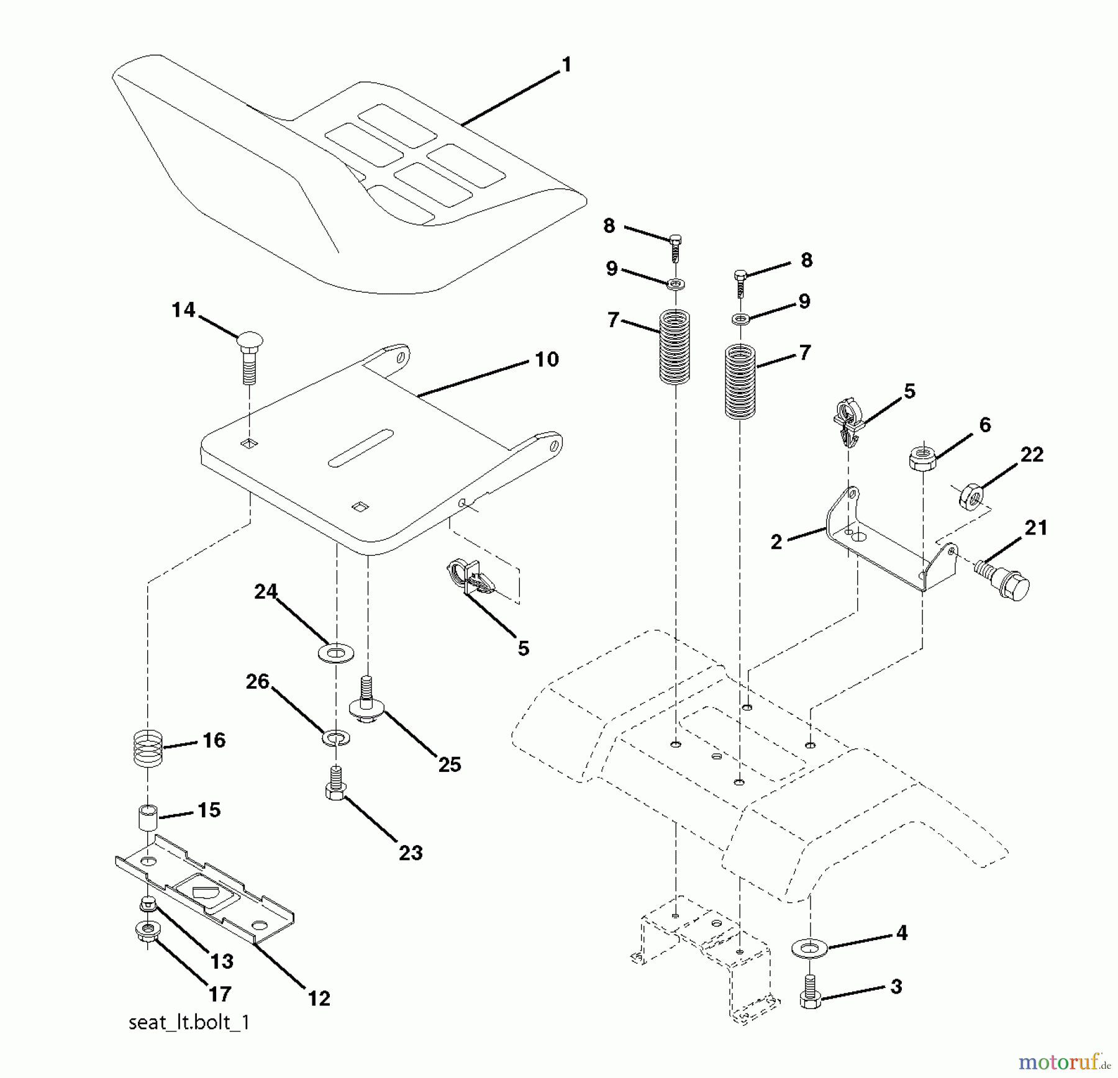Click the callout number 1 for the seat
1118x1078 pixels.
point(566,65)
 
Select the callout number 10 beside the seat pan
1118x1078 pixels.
point(547,359)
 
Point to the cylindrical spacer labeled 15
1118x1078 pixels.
point(147,818)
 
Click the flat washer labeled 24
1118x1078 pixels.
point(335,653)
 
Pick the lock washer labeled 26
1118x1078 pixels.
point(336,738)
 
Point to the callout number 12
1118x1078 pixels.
point(319,998)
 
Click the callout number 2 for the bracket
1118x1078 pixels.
point(776,541)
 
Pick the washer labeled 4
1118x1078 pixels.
point(809,949)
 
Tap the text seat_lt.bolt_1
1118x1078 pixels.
point(189,1040)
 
